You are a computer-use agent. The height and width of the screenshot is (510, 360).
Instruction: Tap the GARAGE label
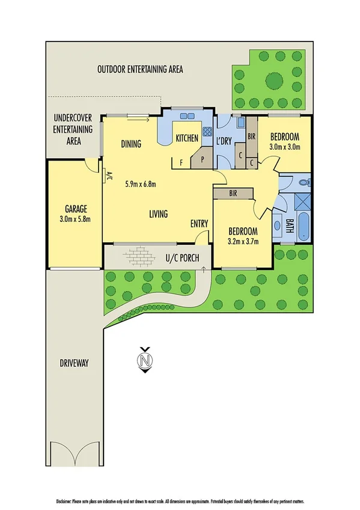coord(74,211)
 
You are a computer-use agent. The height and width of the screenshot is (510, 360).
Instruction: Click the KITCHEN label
coord(186,139)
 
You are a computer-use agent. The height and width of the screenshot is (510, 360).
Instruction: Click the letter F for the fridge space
coord(181,162)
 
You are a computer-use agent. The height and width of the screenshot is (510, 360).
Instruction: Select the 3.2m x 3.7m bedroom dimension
coord(242,241)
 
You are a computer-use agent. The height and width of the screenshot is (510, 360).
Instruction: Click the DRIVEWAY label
coord(75,363)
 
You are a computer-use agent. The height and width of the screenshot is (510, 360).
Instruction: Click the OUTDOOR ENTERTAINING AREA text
coord(140,69)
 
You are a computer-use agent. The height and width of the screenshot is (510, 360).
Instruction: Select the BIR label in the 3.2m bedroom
coord(234,194)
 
